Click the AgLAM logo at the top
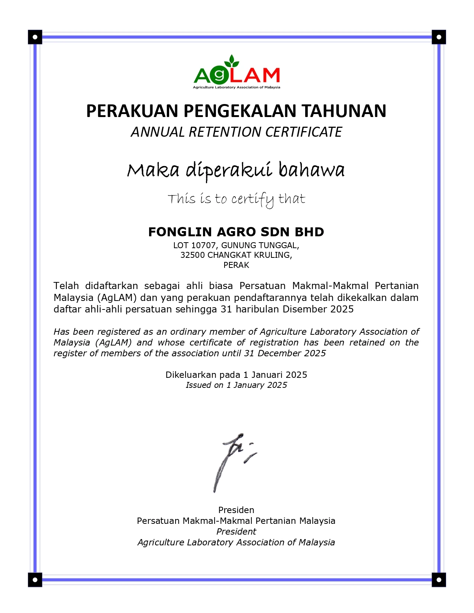[x=236, y=73]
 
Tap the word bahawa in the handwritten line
[x=312, y=171]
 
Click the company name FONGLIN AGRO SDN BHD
[x=236, y=232]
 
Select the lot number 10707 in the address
[x=203, y=246]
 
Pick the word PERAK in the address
[x=236, y=265]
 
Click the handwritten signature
[x=232, y=461]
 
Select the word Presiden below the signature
[x=236, y=510]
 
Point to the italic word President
[x=236, y=532]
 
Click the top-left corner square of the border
[x=35, y=37]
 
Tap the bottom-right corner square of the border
[x=439, y=580]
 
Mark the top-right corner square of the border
[x=439, y=37]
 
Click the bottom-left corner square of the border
[x=35, y=580]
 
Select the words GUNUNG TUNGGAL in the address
[x=260, y=246]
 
